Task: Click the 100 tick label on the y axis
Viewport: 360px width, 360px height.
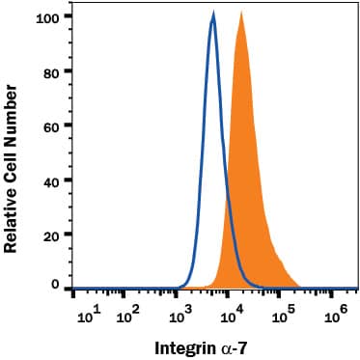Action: (x=46, y=17)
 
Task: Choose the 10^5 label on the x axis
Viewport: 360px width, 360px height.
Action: (x=285, y=315)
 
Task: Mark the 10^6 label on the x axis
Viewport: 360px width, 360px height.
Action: (x=337, y=315)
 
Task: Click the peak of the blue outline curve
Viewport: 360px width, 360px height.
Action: (x=213, y=15)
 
